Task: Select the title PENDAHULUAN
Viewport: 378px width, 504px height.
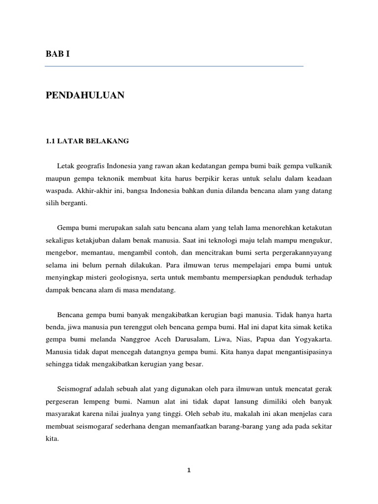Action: click(x=85, y=95)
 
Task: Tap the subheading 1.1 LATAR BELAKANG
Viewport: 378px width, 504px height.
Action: click(x=87, y=141)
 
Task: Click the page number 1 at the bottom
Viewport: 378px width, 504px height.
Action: click(x=189, y=470)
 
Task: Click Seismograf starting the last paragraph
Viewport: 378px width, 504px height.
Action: click(x=75, y=389)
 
